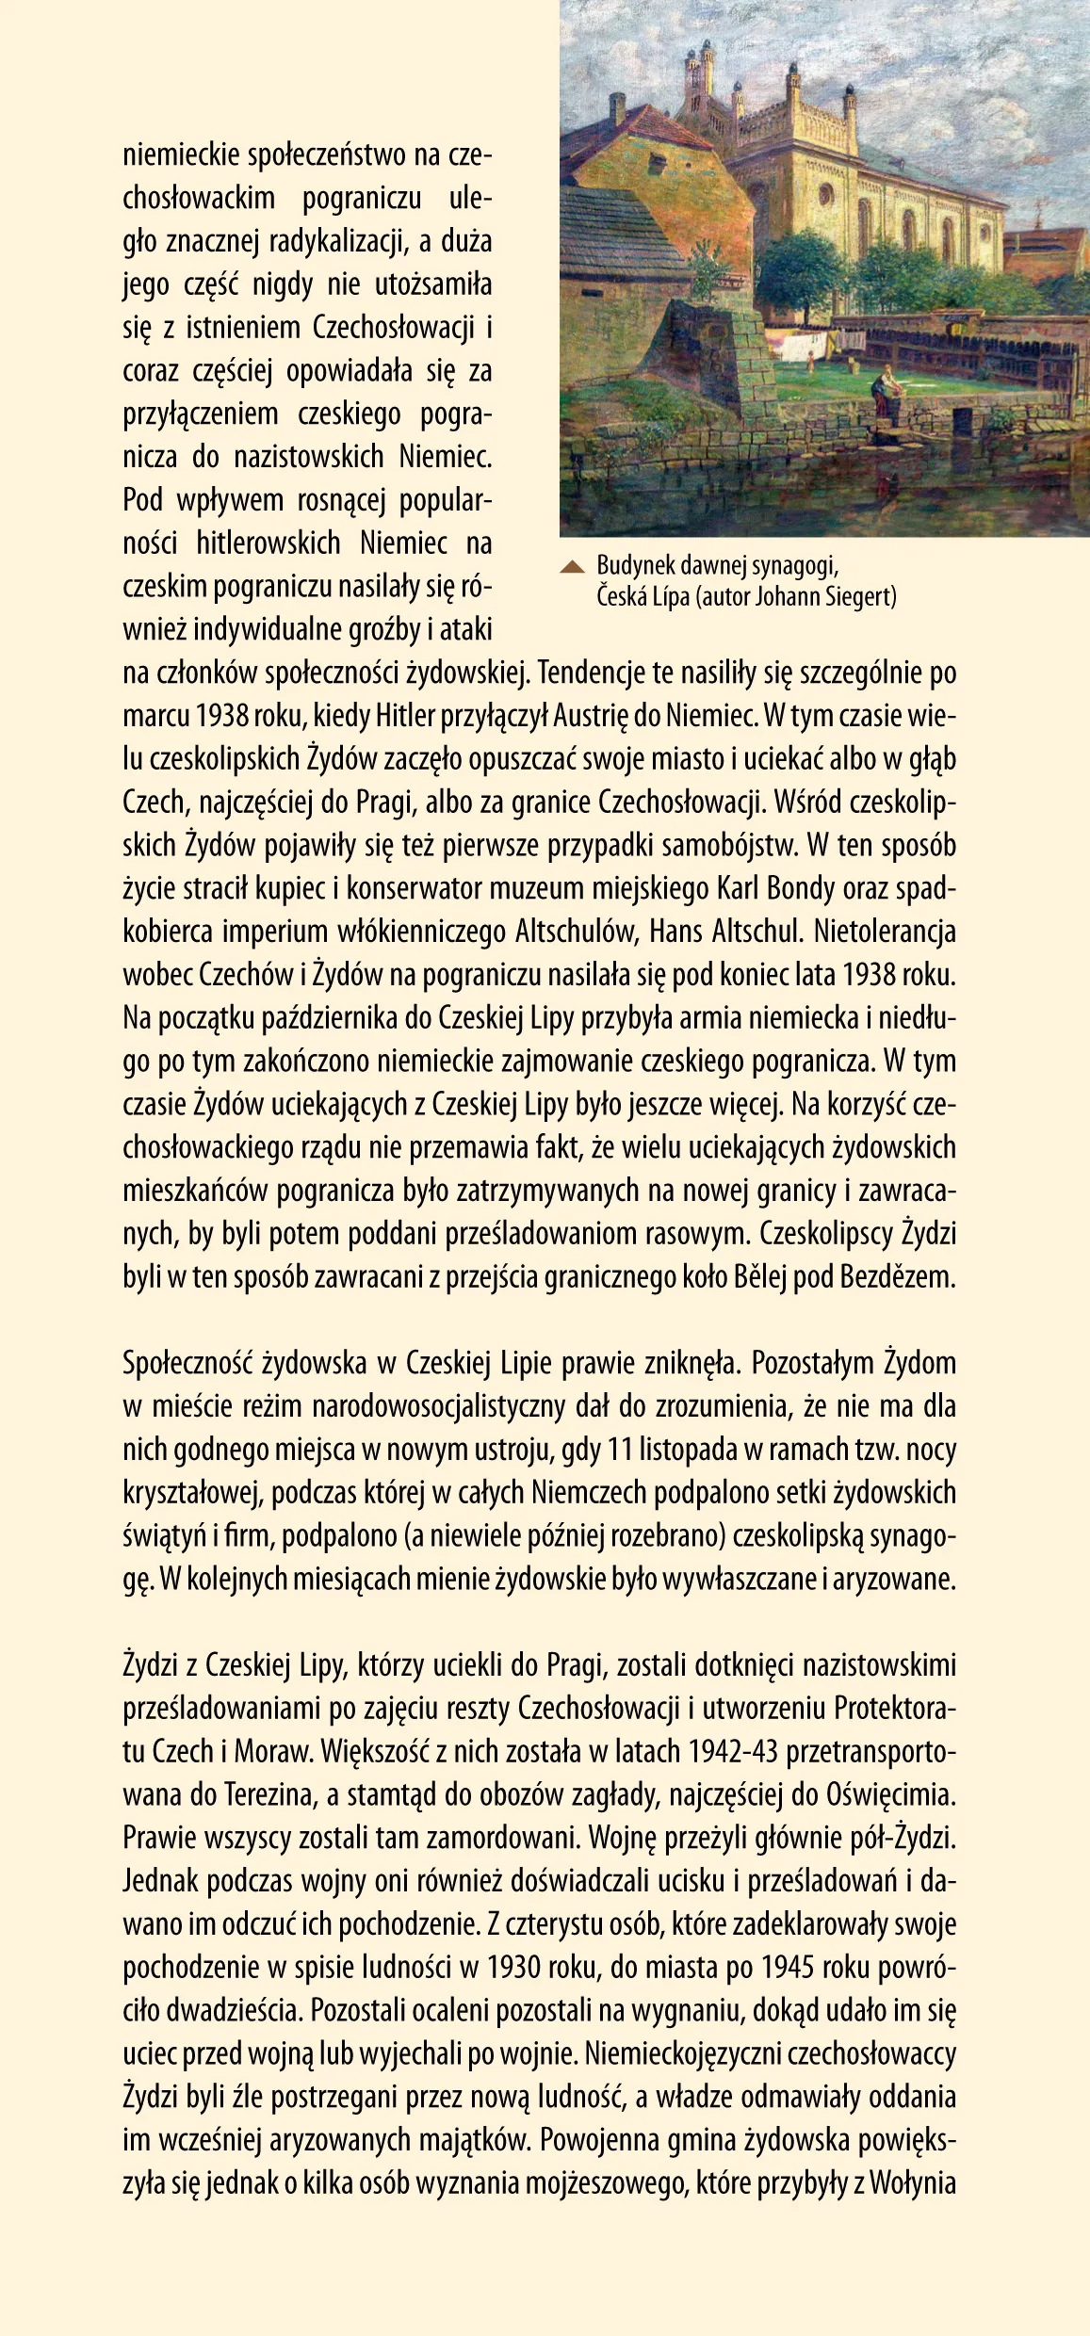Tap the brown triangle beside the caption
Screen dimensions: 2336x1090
(572, 566)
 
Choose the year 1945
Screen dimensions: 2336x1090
(788, 1969)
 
